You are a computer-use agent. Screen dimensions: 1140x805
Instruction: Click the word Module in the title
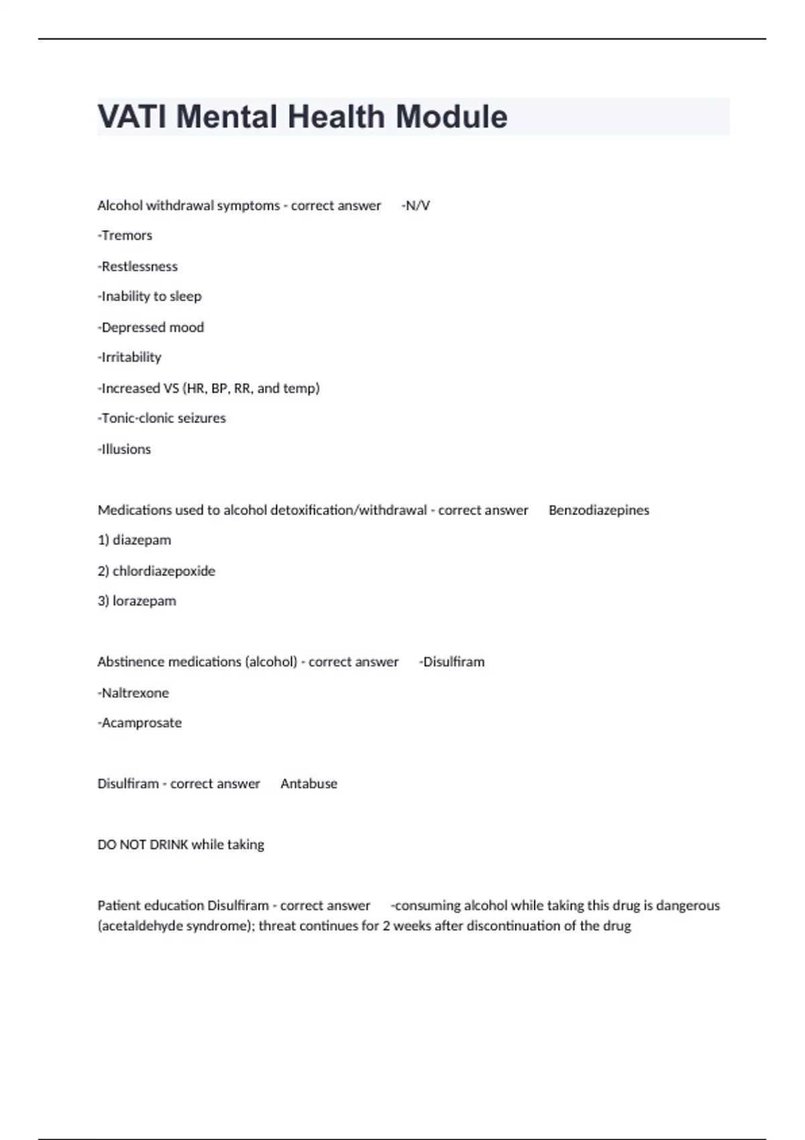(x=451, y=117)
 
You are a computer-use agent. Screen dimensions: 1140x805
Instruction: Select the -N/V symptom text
(x=415, y=206)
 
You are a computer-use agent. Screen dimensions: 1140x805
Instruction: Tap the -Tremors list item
(x=125, y=235)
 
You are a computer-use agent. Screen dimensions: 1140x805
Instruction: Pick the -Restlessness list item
(x=138, y=266)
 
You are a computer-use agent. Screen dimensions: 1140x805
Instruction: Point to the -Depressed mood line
(x=150, y=327)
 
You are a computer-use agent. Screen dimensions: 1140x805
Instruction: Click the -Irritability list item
(x=129, y=357)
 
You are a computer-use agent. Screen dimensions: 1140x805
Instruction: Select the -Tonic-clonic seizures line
(x=162, y=418)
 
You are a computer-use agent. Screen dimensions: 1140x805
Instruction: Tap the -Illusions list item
(x=124, y=449)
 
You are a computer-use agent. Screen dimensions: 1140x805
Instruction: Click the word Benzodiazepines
(x=598, y=510)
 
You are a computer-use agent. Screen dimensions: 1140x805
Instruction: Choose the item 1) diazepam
(x=134, y=540)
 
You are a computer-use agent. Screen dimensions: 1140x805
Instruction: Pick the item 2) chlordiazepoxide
(x=156, y=571)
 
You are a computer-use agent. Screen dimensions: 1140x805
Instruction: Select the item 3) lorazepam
(x=137, y=602)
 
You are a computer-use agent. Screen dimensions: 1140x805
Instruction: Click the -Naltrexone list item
(x=133, y=693)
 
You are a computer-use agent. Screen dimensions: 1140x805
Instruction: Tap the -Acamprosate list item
(x=140, y=723)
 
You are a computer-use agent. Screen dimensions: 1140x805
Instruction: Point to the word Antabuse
(x=309, y=784)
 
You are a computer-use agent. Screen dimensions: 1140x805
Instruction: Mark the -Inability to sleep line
(x=149, y=296)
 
